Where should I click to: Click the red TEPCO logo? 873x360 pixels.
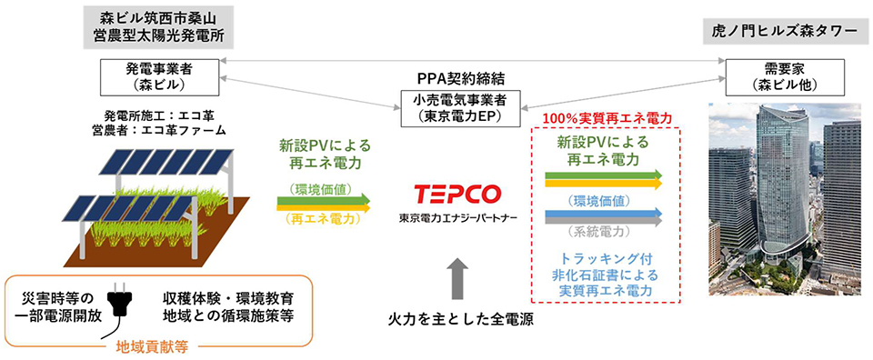click(x=457, y=194)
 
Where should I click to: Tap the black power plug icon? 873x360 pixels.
click(x=123, y=305)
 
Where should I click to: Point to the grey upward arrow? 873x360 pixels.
click(x=458, y=280)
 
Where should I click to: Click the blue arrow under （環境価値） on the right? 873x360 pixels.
click(x=604, y=214)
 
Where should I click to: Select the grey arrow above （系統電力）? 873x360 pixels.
click(x=604, y=222)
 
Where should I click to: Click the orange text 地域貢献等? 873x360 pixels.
click(x=152, y=348)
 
